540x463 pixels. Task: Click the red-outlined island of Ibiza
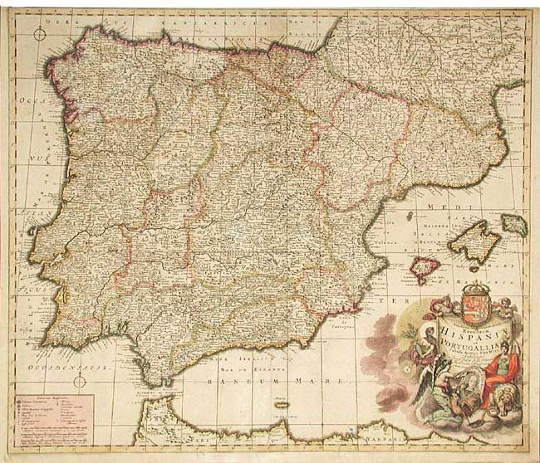pos(425,267)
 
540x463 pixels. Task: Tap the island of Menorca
pos(514,223)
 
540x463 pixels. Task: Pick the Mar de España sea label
pos(249,363)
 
